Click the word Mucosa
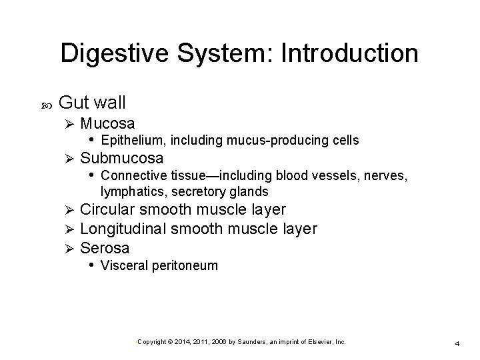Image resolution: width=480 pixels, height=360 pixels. point(107,123)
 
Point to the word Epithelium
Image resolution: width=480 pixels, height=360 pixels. point(135,140)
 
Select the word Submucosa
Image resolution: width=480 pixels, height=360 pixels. point(122,158)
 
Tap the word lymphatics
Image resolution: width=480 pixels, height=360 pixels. point(127,191)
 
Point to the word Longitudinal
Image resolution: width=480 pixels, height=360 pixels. point(123,229)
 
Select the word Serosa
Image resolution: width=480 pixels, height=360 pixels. point(105,249)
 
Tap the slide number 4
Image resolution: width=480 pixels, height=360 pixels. point(457,343)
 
